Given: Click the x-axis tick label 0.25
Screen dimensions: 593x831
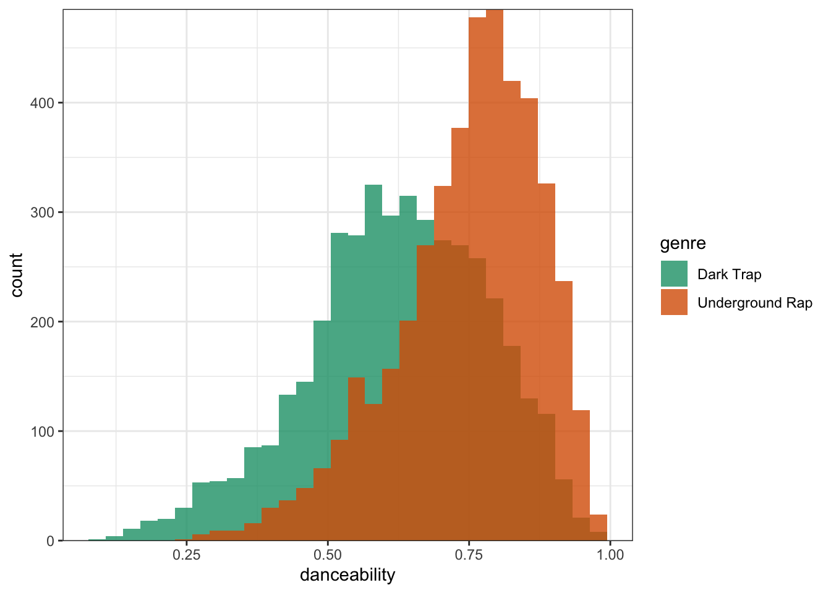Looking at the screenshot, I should pyautogui.click(x=186, y=555).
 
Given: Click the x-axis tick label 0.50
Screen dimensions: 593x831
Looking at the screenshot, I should pyautogui.click(x=328, y=555).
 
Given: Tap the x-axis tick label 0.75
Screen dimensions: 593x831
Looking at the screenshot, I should pyautogui.click(x=469, y=555).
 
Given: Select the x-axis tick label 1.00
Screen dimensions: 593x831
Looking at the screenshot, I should pyautogui.click(x=610, y=555).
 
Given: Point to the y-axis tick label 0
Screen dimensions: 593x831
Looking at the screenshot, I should pyautogui.click(x=51, y=541).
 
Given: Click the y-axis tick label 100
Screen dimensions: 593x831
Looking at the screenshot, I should pyautogui.click(x=43, y=431).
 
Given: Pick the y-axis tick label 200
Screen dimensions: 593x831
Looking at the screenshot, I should pyautogui.click(x=43, y=322).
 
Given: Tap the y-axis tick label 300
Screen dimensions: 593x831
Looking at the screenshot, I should pyautogui.click(x=43, y=212).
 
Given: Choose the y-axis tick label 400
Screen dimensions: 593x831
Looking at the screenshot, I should pyautogui.click(x=43, y=103).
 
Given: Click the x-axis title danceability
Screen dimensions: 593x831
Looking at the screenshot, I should pyautogui.click(x=347, y=575).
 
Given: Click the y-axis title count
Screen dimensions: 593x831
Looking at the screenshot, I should pyautogui.click(x=17, y=275).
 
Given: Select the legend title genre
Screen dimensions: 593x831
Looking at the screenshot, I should pyautogui.click(x=683, y=243).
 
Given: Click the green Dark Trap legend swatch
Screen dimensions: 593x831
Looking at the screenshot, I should pyautogui.click(x=674, y=274).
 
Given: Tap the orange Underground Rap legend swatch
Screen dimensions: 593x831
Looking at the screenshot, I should pyautogui.click(x=674, y=302).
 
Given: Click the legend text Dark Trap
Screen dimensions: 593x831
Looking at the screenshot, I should pyautogui.click(x=729, y=274).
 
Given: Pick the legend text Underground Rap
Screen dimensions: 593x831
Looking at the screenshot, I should pyautogui.click(x=754, y=303).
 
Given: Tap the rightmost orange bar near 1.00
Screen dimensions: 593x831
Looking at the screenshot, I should pyautogui.click(x=599, y=528).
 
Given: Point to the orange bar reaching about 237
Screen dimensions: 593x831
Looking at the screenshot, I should pyautogui.click(x=564, y=371).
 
